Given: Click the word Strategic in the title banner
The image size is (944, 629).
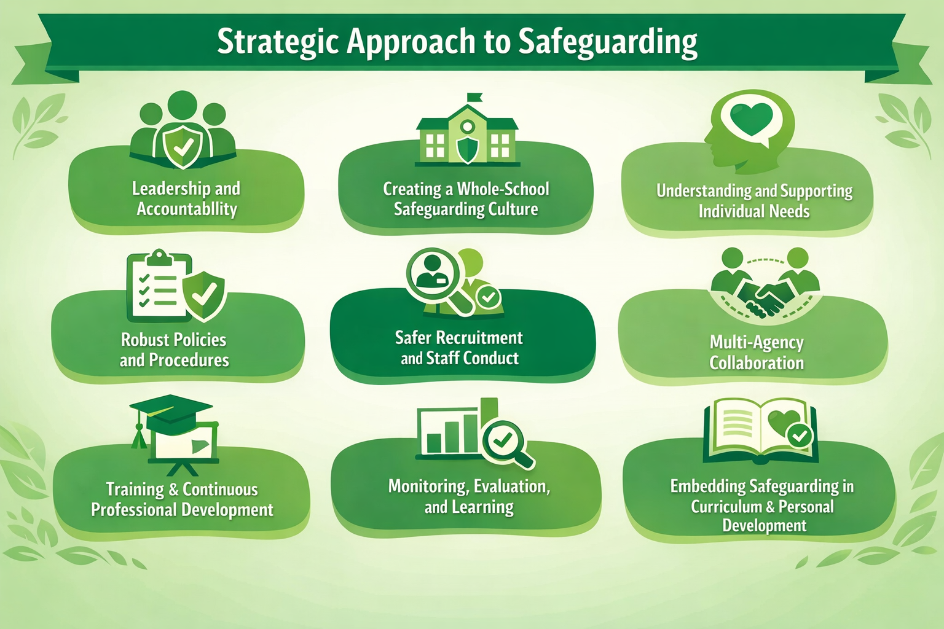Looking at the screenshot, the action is (x=278, y=42).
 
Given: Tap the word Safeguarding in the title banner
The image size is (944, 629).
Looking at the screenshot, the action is (x=608, y=42).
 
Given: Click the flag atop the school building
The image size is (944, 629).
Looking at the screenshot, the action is (x=475, y=97).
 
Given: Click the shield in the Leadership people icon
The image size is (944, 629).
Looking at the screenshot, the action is (x=183, y=146).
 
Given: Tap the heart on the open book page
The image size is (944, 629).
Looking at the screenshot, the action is (x=784, y=422).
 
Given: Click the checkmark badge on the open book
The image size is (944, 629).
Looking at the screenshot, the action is (x=800, y=436).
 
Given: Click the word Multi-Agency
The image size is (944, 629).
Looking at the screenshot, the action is (x=757, y=343).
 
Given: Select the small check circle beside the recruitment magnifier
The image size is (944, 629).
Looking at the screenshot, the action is (x=489, y=297).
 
